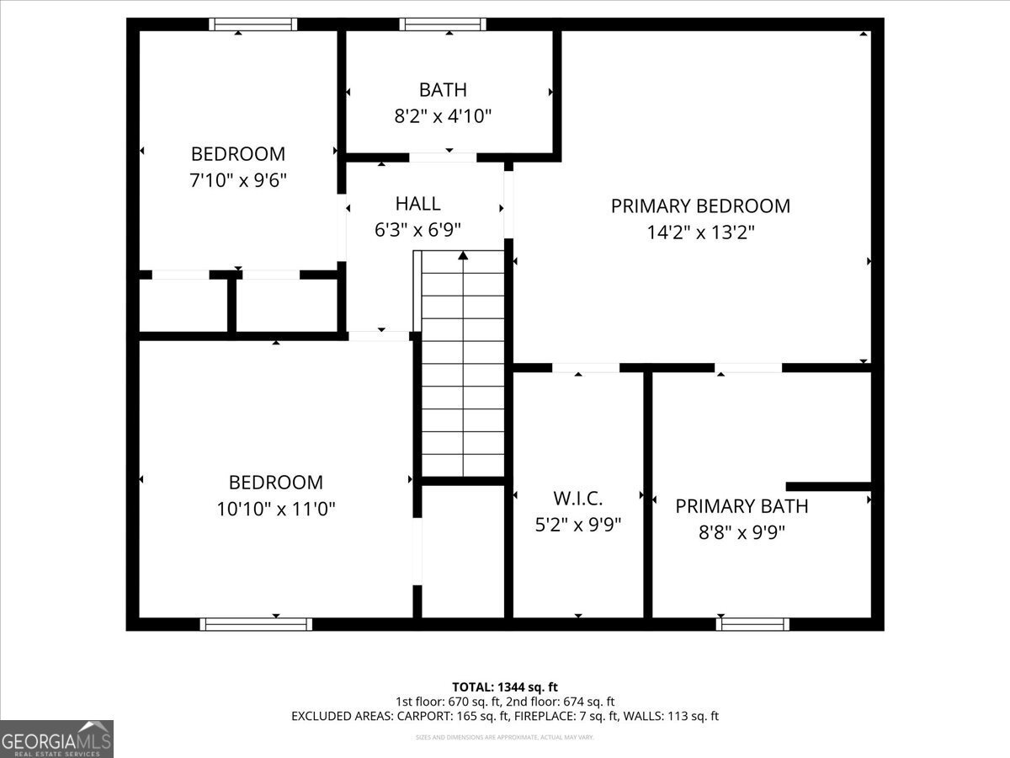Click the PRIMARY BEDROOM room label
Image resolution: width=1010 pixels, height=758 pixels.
click(700, 206)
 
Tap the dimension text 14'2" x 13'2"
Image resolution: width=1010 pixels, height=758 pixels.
click(700, 232)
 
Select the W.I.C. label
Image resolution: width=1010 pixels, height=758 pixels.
click(577, 498)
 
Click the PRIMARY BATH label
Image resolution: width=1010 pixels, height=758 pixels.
click(742, 505)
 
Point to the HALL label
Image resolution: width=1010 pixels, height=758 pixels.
click(417, 203)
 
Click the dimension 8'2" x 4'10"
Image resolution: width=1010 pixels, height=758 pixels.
click(443, 116)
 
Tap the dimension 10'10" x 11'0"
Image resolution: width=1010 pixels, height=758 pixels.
click(276, 509)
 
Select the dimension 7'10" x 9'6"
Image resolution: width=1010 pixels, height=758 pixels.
click(238, 180)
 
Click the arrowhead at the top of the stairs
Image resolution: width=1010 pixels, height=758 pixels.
click(463, 255)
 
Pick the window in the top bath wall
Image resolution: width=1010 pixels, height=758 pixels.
click(443, 24)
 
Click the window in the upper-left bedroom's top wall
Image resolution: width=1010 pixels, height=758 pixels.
click(252, 24)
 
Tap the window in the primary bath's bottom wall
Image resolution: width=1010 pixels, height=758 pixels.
click(752, 624)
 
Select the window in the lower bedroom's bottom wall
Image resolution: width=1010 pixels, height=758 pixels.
click(256, 624)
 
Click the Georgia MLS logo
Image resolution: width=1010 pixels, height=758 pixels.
click(56, 739)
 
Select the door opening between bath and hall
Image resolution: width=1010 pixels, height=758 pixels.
click(443, 157)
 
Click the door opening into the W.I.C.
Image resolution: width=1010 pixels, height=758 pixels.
click(586, 367)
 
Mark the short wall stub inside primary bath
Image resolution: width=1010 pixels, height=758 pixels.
click(828, 486)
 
